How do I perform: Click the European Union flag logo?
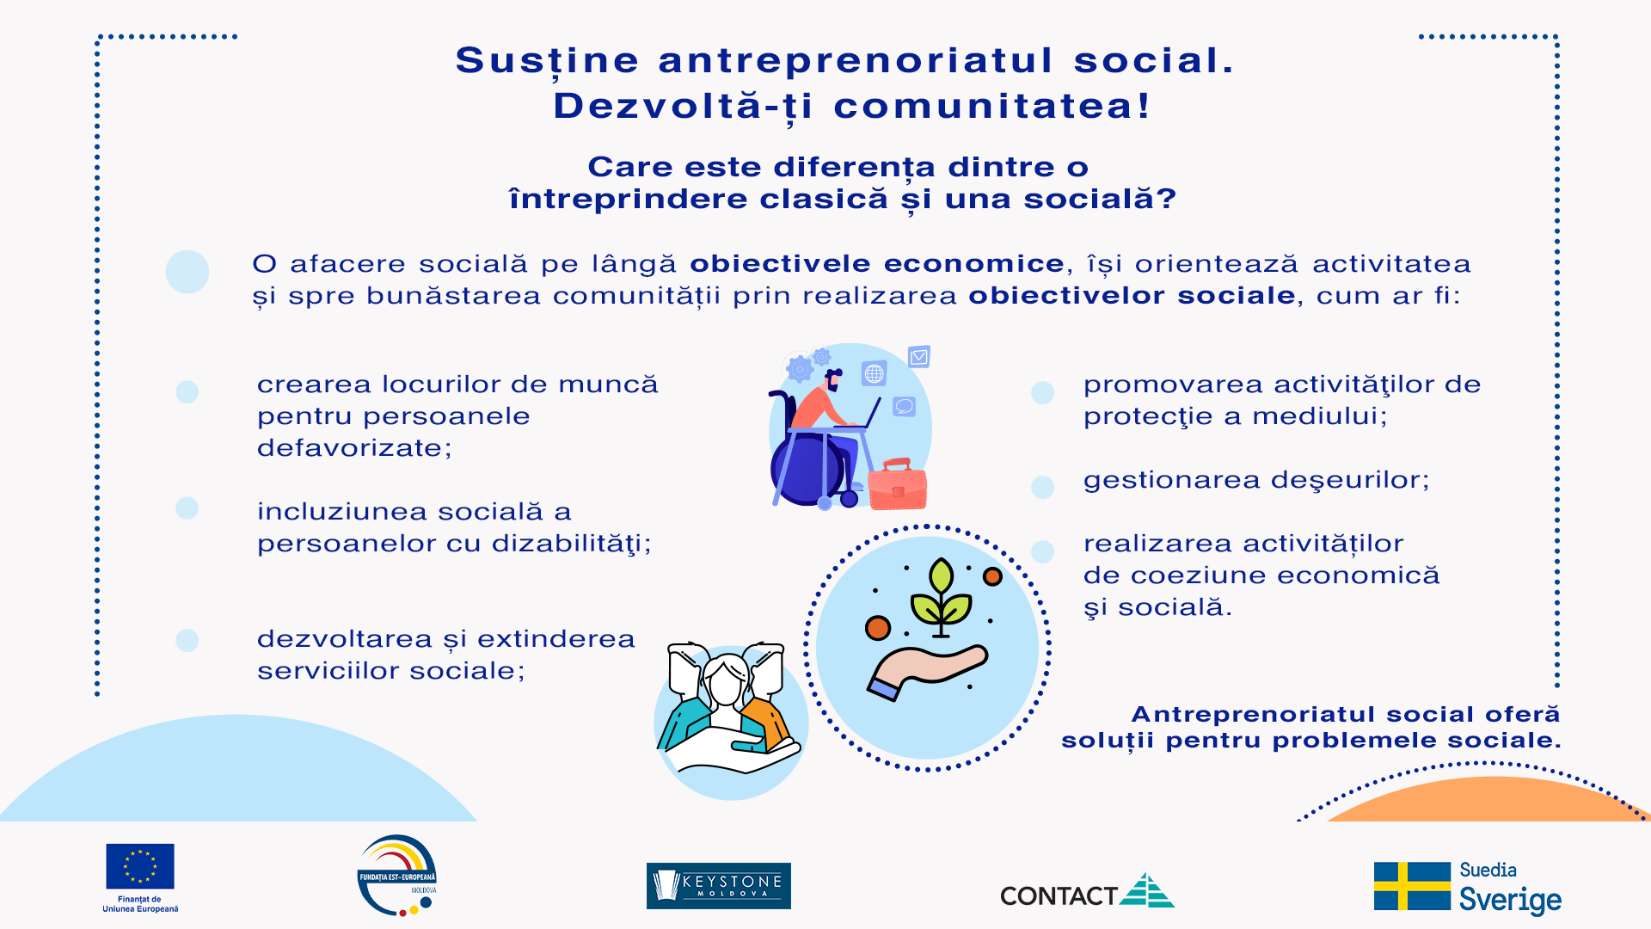tap(140, 866)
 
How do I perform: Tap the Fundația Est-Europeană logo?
tap(397, 876)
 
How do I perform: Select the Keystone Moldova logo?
tap(719, 886)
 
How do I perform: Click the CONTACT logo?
tap(1087, 892)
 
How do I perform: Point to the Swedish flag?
tap(1412, 886)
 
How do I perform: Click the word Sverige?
tap(1510, 900)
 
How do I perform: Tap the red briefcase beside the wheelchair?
tap(897, 485)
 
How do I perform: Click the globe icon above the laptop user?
tap(875, 373)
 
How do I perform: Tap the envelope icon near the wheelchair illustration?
tap(919, 356)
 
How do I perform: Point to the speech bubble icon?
tap(904, 406)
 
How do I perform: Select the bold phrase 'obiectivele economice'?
tap(877, 263)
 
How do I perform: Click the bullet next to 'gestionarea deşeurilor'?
tap(1042, 487)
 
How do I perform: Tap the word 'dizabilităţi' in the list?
tap(572, 544)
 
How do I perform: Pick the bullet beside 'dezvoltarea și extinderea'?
tap(187, 640)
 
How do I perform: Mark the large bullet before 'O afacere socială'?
tap(187, 272)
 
